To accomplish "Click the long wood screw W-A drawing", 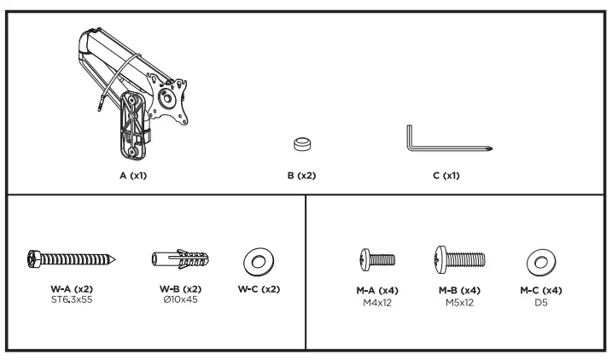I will point(72,259).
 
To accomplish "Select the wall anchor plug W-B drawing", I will point(180,259).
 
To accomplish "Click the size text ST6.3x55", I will point(72,299).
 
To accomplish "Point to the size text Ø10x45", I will point(180,299).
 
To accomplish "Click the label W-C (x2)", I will point(259,289).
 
